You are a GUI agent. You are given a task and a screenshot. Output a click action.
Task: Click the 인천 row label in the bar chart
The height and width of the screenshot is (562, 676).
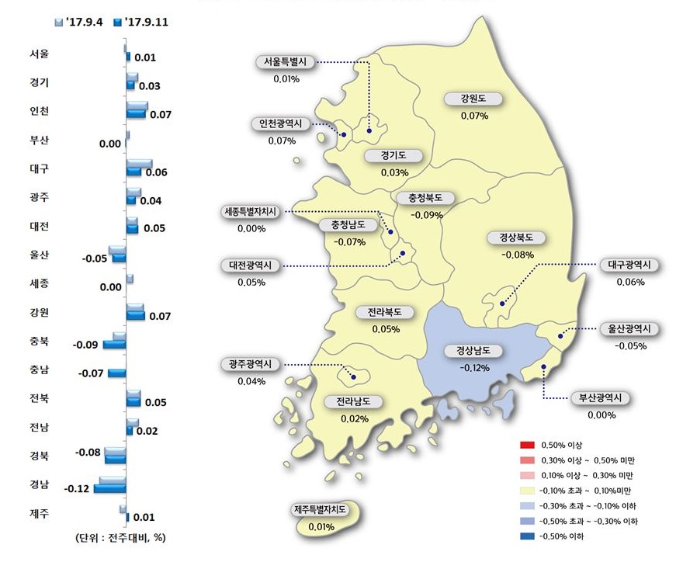39,111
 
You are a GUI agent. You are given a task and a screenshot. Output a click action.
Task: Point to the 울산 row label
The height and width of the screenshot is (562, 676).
39,255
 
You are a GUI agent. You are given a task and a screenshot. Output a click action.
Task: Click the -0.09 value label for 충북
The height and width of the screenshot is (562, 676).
86,345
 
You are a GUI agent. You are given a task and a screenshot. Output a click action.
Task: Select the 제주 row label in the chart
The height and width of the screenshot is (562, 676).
39,513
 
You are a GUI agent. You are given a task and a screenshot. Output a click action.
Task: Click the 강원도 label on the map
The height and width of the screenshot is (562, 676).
473,99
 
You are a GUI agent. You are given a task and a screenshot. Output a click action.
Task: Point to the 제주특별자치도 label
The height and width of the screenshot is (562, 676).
320,511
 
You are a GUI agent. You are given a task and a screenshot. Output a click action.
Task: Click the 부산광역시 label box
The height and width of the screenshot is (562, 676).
601,398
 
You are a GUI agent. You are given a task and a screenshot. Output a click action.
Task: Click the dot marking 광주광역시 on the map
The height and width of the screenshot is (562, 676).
353,377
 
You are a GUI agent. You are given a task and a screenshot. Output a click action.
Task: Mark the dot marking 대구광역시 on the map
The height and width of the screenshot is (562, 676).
502,304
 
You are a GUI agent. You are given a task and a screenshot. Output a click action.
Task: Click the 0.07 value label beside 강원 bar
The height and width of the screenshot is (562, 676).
160,317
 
